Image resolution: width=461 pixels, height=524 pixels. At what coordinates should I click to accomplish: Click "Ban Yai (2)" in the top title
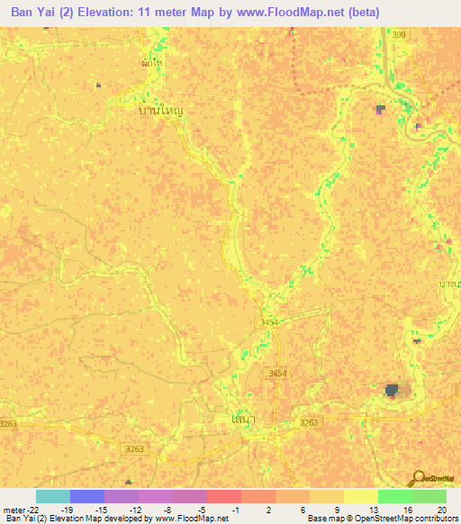[x=44, y=12]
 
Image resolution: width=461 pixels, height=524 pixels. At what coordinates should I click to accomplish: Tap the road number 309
[x=399, y=34]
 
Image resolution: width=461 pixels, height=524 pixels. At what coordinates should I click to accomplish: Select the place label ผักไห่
[x=152, y=63]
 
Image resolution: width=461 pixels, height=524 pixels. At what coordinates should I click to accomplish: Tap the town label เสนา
[x=240, y=420]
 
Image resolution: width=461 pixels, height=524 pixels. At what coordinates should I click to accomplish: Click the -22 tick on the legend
[x=31, y=510]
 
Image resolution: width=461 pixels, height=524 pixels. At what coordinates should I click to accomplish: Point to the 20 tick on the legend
[x=441, y=510]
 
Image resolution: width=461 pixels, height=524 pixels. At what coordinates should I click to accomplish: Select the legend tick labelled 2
[x=270, y=510]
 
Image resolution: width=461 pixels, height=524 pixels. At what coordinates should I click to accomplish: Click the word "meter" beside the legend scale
[x=13, y=510]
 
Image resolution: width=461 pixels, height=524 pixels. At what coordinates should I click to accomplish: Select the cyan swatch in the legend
[x=52, y=496]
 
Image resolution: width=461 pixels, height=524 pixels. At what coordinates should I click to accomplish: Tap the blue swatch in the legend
[x=86, y=496]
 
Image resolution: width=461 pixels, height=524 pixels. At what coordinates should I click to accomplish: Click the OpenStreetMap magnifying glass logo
[x=417, y=477]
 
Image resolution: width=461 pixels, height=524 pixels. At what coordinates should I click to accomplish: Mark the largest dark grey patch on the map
[x=392, y=389]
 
